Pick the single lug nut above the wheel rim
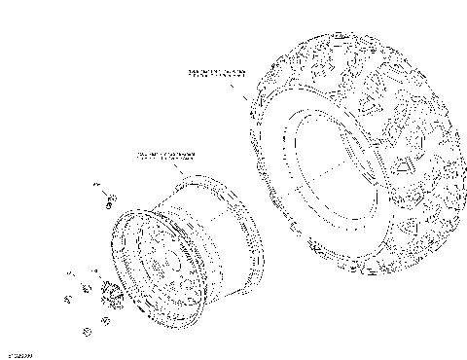click(110, 201)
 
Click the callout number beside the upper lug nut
click(96, 184)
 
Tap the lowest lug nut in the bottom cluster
click(87, 332)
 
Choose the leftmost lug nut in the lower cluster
click(69, 294)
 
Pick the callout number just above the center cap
click(94, 270)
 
